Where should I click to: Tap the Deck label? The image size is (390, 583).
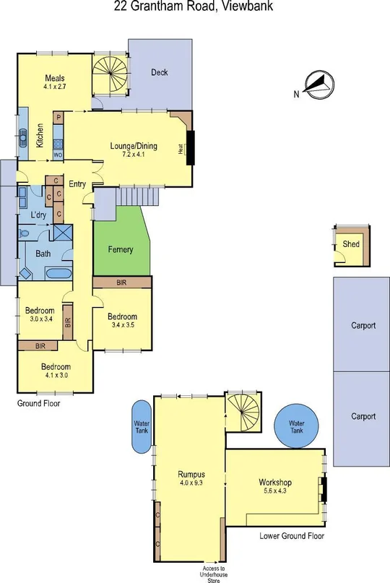click(160, 72)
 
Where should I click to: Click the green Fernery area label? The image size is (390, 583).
click(120, 249)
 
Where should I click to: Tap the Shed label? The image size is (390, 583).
click(351, 245)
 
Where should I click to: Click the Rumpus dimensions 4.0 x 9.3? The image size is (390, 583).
click(192, 484)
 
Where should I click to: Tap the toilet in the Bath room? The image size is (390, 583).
click(25, 233)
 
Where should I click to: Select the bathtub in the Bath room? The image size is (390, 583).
click(58, 274)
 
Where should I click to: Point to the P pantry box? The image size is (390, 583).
click(58, 117)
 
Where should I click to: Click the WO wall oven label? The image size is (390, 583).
click(58, 155)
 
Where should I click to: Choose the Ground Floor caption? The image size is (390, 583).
click(38, 404)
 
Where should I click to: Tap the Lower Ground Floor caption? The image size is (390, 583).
click(291, 536)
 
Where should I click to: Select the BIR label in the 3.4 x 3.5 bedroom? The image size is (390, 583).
click(121, 282)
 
